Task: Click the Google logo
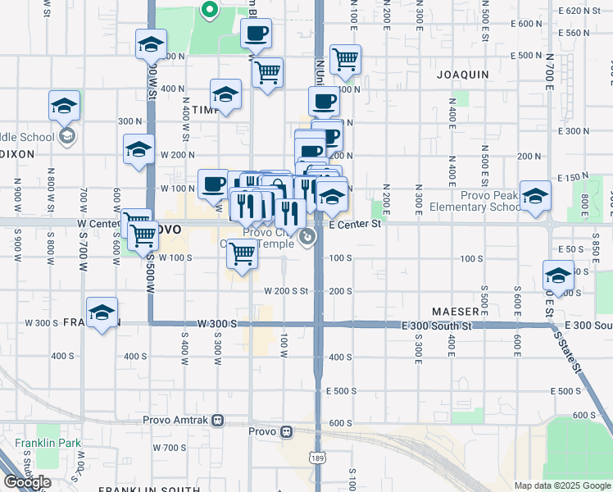pyautogui.click(x=28, y=482)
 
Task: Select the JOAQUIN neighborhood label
pyautogui.click(x=463, y=75)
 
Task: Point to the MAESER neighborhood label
pyautogui.click(x=456, y=312)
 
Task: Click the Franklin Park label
pyautogui.click(x=48, y=444)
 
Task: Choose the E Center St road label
pyautogui.click(x=355, y=223)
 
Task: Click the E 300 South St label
pyautogui.click(x=437, y=326)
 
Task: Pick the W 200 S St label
pyautogui.click(x=285, y=291)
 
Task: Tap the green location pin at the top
pyautogui.click(x=209, y=11)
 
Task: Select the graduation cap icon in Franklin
pyautogui.click(x=102, y=312)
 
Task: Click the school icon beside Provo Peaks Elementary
pyautogui.click(x=535, y=197)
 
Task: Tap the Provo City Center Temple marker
pyautogui.click(x=307, y=238)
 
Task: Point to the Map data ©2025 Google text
pyautogui.click(x=562, y=485)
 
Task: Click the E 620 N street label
pyautogui.click(x=580, y=10)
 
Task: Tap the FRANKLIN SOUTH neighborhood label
pyautogui.click(x=148, y=490)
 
